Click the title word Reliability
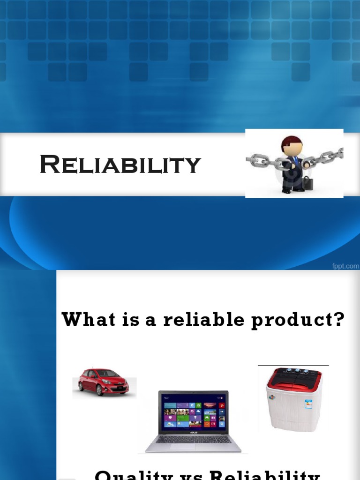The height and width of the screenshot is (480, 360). tap(120, 165)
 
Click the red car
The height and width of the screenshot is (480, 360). tap(104, 382)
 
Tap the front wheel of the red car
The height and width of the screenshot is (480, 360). tap(100, 390)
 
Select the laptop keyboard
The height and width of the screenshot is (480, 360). tap(193, 439)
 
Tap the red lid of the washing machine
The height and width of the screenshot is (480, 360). tap(294, 377)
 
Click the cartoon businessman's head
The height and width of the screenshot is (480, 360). tap(292, 146)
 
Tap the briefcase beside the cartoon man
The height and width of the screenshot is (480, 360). tap(307, 183)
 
